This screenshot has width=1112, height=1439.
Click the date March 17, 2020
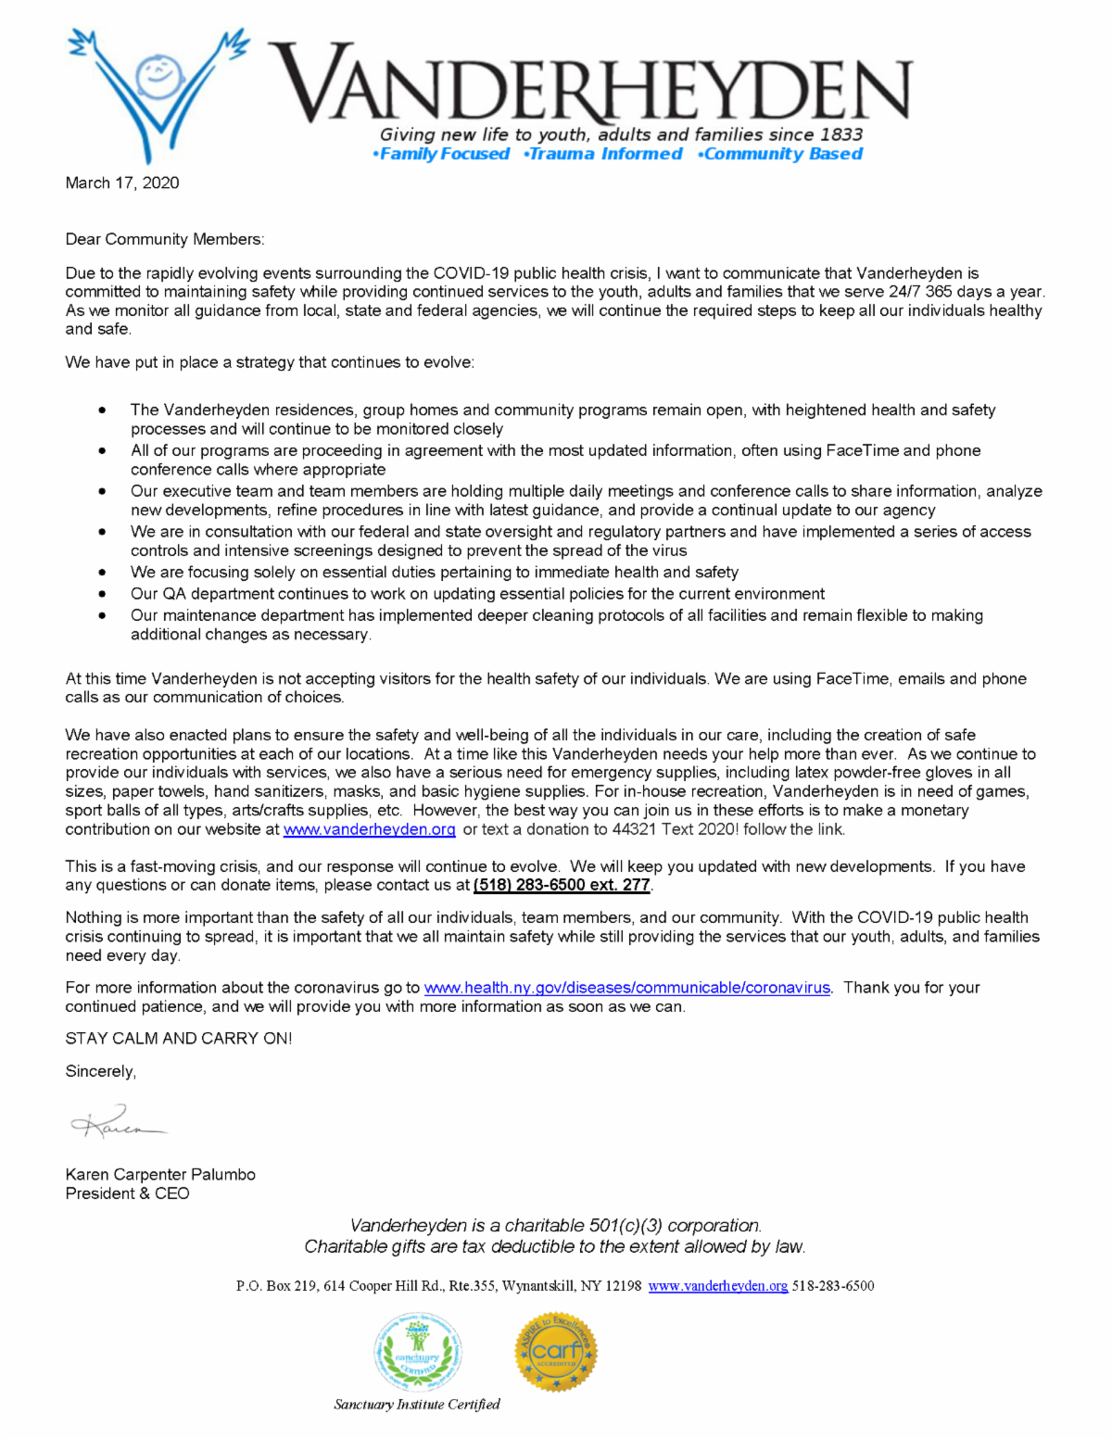coord(122,183)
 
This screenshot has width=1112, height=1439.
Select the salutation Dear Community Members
coord(164,239)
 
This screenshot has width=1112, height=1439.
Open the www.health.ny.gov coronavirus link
coord(626,988)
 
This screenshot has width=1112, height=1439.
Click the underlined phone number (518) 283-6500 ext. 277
coord(562,885)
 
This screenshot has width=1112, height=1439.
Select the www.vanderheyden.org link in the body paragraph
coord(369,829)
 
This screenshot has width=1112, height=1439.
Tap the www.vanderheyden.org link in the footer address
coord(717,1286)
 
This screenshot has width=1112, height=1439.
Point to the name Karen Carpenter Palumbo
coord(160,1174)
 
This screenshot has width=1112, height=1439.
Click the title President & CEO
coord(127,1193)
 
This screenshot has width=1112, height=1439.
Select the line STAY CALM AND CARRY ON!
coord(178,1039)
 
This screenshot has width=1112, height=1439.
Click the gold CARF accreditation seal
coord(556,1352)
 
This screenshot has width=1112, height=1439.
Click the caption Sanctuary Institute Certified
coord(417,1405)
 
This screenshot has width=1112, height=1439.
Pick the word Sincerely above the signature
coord(100,1071)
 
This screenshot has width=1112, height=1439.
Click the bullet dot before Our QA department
coord(102,594)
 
